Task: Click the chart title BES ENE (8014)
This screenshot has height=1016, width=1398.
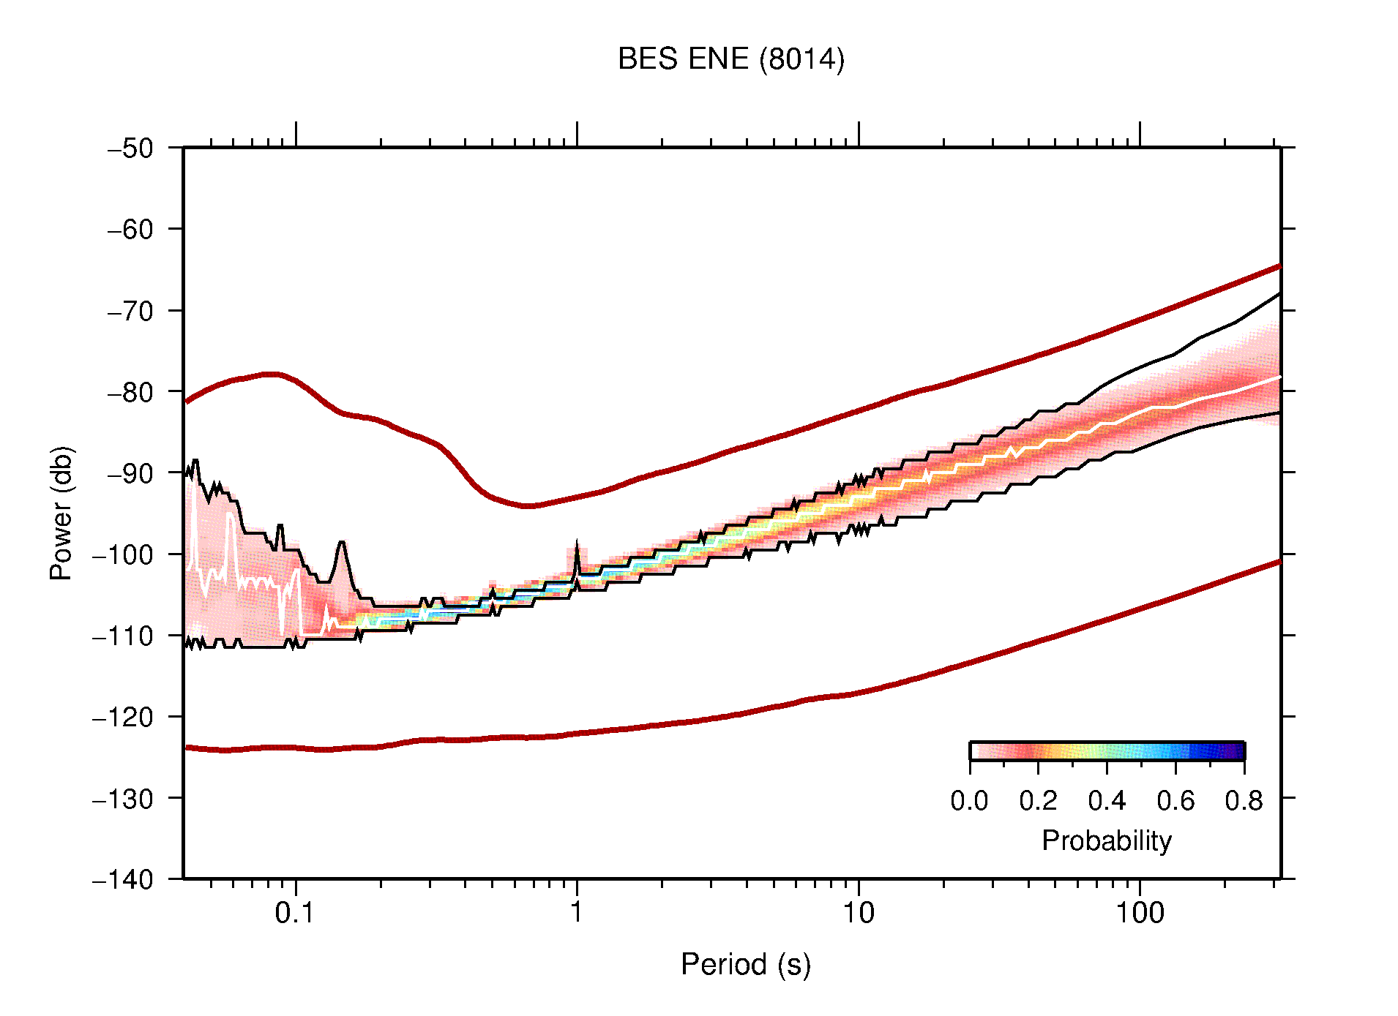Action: pyautogui.click(x=730, y=59)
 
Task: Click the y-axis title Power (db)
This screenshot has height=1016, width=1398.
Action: pyautogui.click(x=61, y=513)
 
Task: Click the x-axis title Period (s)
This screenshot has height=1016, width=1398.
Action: pyautogui.click(x=745, y=965)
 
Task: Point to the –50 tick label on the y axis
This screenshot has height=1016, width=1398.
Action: pyautogui.click(x=130, y=148)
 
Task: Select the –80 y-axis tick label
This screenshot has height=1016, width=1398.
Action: pyautogui.click(x=130, y=392)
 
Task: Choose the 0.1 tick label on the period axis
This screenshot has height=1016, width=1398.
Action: pyautogui.click(x=295, y=913)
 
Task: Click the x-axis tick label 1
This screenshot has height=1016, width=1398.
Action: pyautogui.click(x=577, y=913)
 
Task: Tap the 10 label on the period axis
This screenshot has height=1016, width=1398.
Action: pyautogui.click(x=858, y=913)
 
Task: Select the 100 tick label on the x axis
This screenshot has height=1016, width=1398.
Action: pyautogui.click(x=1139, y=913)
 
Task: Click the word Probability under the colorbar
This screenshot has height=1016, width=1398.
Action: pyautogui.click(x=1106, y=841)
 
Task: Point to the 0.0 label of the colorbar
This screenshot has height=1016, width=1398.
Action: pyautogui.click(x=969, y=801)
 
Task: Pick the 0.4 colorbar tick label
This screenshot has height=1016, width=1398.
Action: pyautogui.click(x=1107, y=801)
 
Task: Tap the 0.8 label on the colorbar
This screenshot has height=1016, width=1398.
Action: pyautogui.click(x=1244, y=801)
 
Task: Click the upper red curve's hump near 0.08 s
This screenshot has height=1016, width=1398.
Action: pyautogui.click(x=271, y=374)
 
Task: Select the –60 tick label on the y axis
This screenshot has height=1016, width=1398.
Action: pyautogui.click(x=130, y=230)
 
